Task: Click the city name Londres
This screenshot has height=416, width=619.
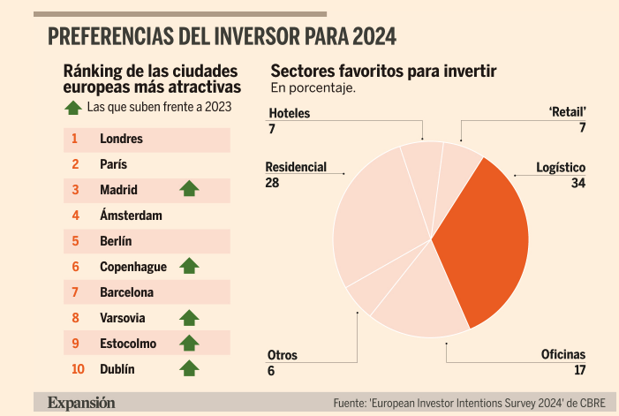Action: coord(121,139)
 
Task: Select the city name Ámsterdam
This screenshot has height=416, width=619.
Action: coord(132,215)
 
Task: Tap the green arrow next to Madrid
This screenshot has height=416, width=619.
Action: coord(189,189)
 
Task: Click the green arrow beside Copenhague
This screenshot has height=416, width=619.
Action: coord(189,266)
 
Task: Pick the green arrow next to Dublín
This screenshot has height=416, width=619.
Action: coord(189,368)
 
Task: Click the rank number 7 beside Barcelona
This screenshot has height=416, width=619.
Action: coord(76,291)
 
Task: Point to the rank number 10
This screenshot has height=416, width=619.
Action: coord(77,368)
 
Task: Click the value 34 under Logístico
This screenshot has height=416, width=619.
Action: coord(578,184)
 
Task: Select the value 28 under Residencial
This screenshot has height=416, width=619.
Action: coord(273,182)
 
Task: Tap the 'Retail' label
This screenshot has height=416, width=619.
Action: coord(568,113)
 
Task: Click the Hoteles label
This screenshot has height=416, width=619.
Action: coord(289,114)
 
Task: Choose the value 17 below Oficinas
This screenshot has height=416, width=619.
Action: coord(579,370)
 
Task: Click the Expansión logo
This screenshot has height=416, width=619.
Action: coord(81,403)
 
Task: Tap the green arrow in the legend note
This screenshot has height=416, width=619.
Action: coord(73,108)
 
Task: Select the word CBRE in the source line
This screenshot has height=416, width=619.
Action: coord(587,404)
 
